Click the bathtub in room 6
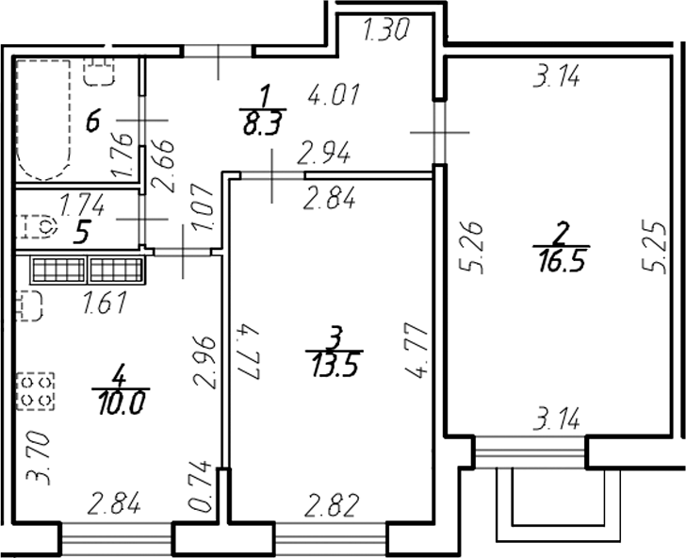click(46, 120)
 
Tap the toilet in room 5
click(39, 225)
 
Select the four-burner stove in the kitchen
click(35, 390)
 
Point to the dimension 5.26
click(477, 247)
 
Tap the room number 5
click(83, 230)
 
